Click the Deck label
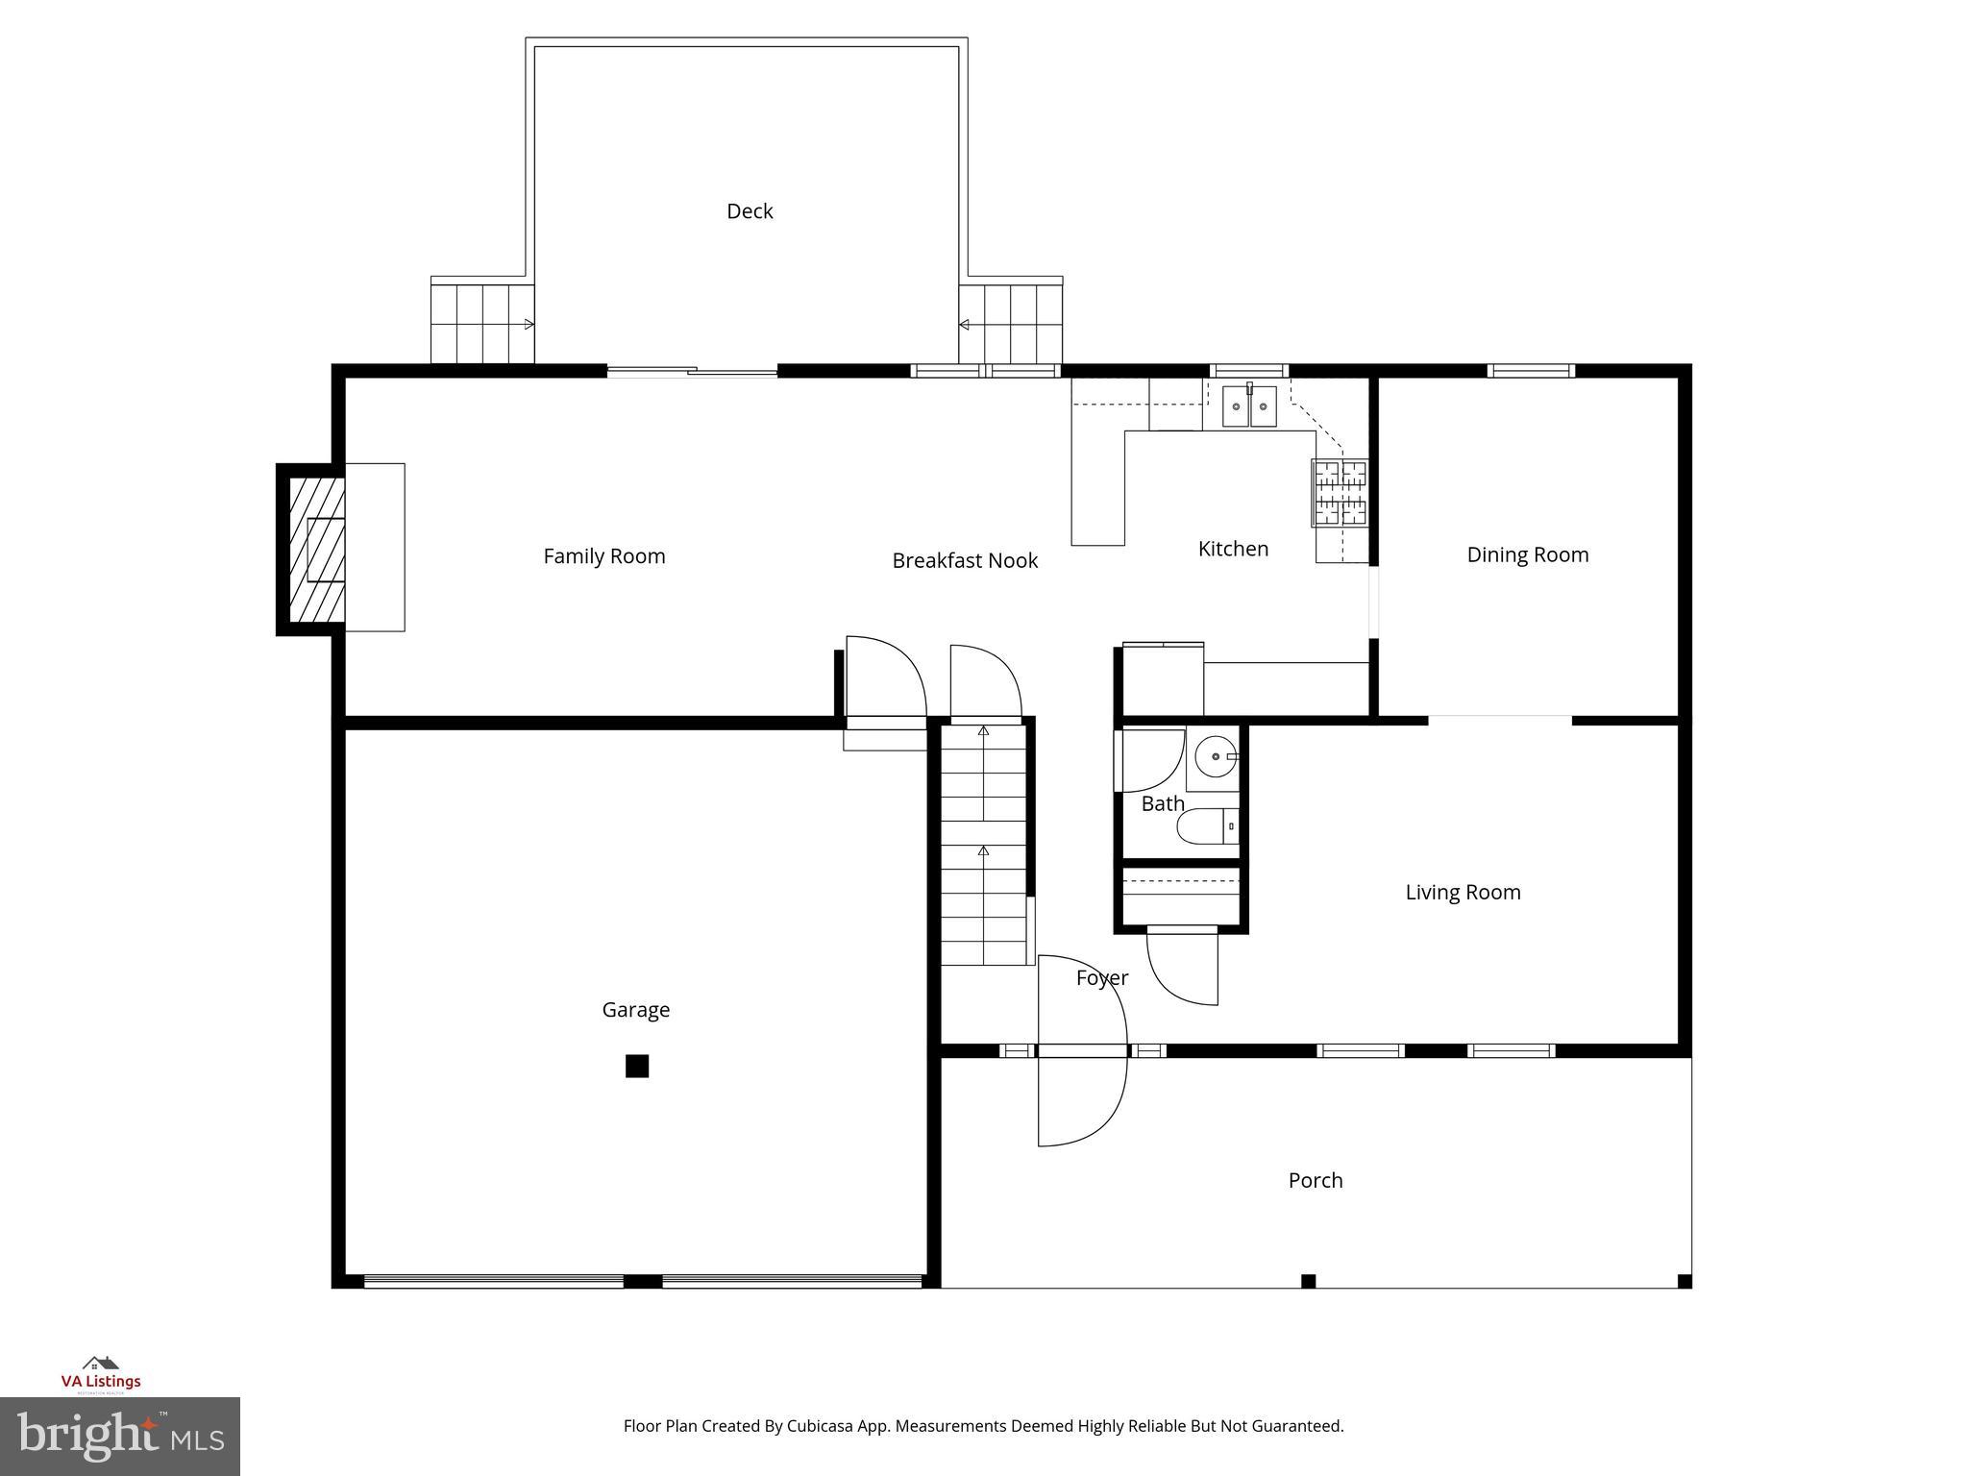(x=750, y=211)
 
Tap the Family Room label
(x=603, y=556)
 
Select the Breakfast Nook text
(x=964, y=560)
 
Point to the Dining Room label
(x=1527, y=554)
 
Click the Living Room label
(x=1463, y=892)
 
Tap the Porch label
(x=1315, y=1180)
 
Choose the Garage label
(x=635, y=1010)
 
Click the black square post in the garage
(x=637, y=1066)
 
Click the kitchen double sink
(x=1248, y=406)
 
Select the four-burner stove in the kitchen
(x=1340, y=493)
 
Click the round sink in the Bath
(x=1216, y=757)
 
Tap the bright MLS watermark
(x=120, y=1436)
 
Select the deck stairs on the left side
(x=481, y=324)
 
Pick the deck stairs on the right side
(x=1011, y=324)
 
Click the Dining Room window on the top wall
(x=1531, y=371)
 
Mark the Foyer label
(x=1101, y=978)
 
